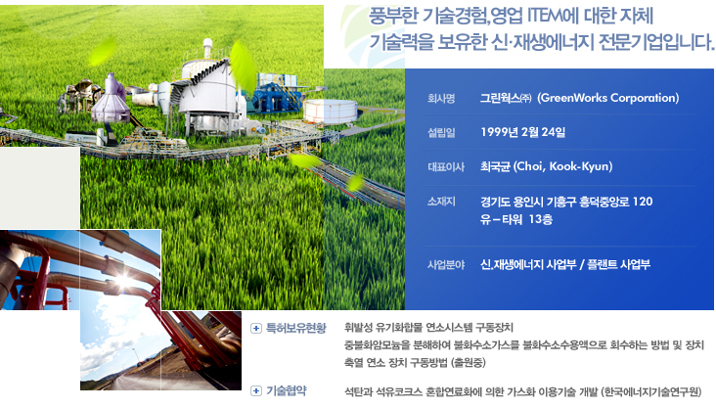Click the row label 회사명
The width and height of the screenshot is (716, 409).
click(x=440, y=98)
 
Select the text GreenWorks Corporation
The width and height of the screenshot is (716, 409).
click(x=607, y=98)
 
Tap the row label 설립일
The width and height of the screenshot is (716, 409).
click(x=441, y=132)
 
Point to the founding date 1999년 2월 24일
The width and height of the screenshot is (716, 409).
click(x=523, y=132)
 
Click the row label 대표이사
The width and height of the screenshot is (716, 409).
click(x=446, y=166)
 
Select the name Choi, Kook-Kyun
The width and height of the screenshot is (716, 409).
click(x=562, y=166)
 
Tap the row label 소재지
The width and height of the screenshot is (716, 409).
click(x=441, y=202)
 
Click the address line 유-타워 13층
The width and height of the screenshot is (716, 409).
click(x=516, y=219)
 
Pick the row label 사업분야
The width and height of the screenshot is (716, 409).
click(x=446, y=264)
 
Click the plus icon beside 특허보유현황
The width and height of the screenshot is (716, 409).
click(x=256, y=328)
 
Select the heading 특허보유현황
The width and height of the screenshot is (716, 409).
click(x=296, y=328)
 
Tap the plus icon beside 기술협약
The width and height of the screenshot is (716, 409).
click(x=256, y=390)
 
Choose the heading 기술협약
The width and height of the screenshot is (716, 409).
click(x=287, y=390)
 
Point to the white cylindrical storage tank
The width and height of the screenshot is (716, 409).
click(x=331, y=112)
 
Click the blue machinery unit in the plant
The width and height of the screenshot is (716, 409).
click(x=275, y=97)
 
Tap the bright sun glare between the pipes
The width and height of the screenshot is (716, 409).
click(x=124, y=280)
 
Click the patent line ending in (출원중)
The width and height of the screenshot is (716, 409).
click(x=415, y=363)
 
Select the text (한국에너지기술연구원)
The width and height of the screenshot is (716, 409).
click(x=650, y=391)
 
